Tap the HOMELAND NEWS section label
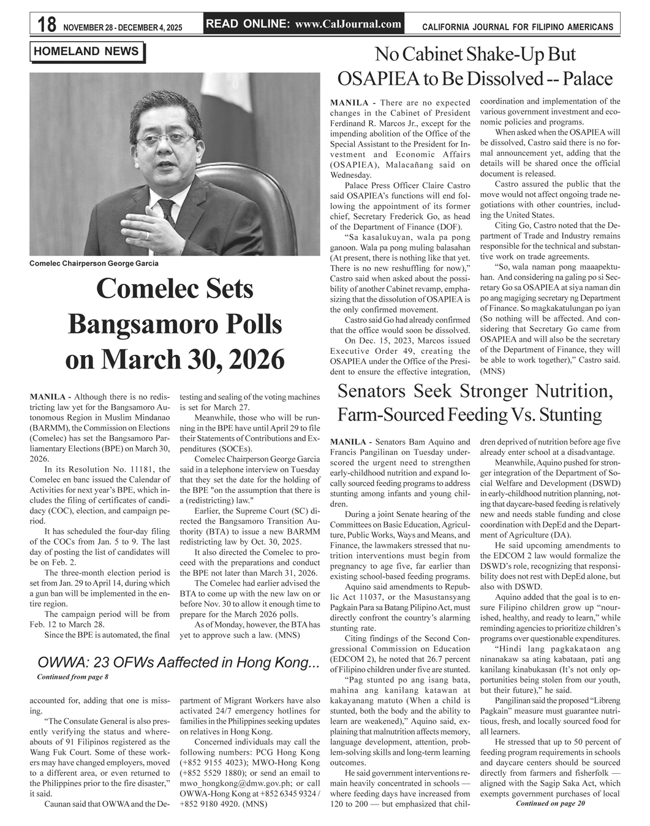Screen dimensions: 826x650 (x=86, y=52)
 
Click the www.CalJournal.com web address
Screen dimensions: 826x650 (x=348, y=25)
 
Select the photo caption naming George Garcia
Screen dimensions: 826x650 (x=94, y=263)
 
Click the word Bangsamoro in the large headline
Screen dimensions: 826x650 (x=175, y=324)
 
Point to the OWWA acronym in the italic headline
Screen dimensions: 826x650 (x=64, y=663)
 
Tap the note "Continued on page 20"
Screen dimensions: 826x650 (x=551, y=803)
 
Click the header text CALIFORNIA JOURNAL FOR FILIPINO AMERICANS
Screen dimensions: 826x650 (x=518, y=27)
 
